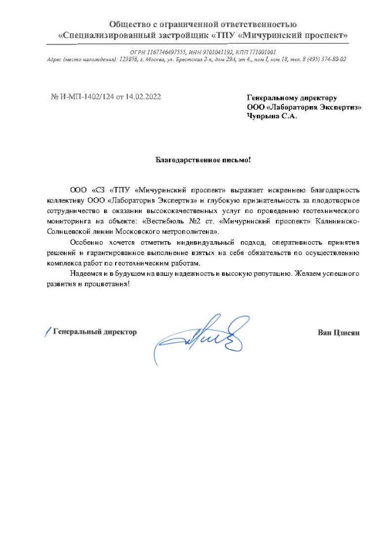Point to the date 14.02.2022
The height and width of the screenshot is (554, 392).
(x=143, y=97)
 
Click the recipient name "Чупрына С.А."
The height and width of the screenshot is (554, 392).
(x=271, y=115)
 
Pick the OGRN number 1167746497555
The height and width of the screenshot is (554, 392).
(x=166, y=52)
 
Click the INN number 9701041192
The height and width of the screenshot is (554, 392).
(x=213, y=52)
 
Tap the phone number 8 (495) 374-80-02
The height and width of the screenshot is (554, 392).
(x=321, y=59)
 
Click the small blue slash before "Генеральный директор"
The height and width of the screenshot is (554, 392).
(x=47, y=332)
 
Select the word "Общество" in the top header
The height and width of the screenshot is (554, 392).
(x=127, y=24)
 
